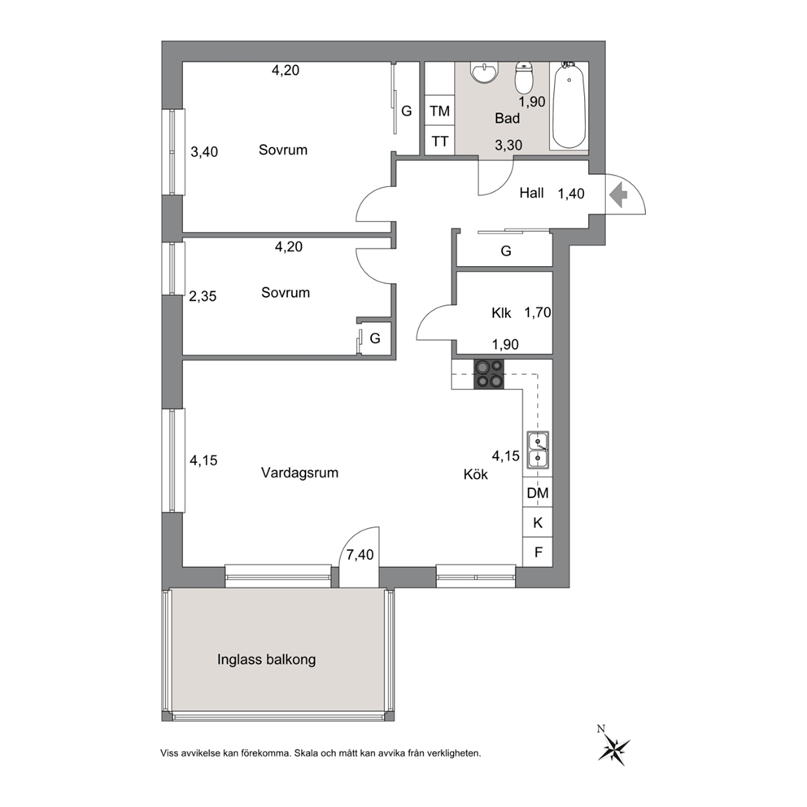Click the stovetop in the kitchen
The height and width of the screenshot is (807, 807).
(x=488, y=373)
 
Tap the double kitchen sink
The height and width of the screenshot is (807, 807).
(x=537, y=451)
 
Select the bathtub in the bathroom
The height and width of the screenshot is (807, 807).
(x=569, y=106)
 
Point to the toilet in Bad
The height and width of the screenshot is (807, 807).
(x=524, y=77)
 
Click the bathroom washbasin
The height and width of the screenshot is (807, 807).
(x=484, y=72)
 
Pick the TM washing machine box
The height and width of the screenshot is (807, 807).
(x=439, y=111)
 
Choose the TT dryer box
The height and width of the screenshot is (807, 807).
(x=439, y=141)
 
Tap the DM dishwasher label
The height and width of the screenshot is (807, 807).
(x=537, y=493)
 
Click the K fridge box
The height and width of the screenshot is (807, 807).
(x=537, y=523)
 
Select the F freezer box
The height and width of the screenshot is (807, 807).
(x=537, y=552)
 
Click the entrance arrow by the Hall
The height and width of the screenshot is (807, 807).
(x=618, y=195)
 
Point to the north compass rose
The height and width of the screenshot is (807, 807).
(x=613, y=744)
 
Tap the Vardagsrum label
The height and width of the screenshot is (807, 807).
(x=299, y=473)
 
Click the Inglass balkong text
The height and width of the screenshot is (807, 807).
(x=266, y=659)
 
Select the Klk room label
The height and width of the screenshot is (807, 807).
(x=501, y=313)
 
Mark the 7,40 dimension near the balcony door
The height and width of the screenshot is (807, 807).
(x=360, y=555)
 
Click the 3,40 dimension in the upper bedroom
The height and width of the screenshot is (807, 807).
(x=204, y=152)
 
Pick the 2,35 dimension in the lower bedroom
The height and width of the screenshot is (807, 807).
(x=203, y=296)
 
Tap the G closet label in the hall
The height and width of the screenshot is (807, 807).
(x=506, y=251)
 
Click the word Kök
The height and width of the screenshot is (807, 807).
(x=476, y=474)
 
